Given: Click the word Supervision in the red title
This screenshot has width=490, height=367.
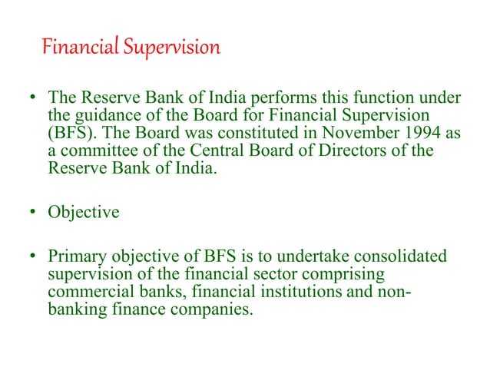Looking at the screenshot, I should (x=175, y=48).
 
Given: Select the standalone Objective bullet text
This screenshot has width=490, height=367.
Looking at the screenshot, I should (x=83, y=212).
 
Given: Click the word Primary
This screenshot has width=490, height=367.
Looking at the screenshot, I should (x=77, y=256).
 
